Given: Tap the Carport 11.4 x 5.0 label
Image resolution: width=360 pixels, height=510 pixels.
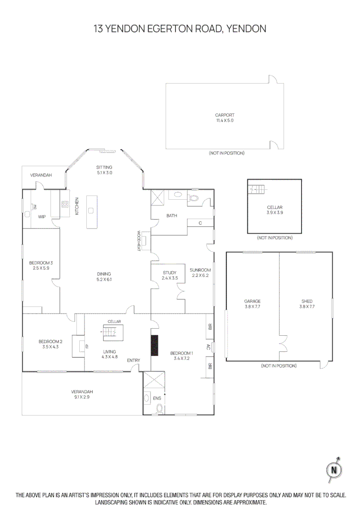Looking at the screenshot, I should click(x=225, y=118).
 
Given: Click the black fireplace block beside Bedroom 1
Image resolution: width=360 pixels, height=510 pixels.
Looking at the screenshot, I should click(x=154, y=345).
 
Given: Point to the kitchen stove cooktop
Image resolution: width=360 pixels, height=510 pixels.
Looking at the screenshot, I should click(x=65, y=204).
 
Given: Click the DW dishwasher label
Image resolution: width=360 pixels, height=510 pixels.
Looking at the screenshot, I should click(x=34, y=206).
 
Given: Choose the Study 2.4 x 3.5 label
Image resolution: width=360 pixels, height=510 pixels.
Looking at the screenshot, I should click(x=169, y=275).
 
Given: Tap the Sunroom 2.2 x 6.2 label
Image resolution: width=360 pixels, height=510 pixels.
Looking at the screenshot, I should click(x=200, y=272).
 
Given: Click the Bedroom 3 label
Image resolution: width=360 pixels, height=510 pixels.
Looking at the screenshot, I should click(x=41, y=265).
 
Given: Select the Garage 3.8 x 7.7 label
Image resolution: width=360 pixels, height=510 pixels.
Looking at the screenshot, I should click(x=252, y=304).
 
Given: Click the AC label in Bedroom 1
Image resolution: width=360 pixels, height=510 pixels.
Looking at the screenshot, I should click(x=209, y=346).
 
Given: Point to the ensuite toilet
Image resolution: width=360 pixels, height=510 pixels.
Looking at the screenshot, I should click(x=159, y=409).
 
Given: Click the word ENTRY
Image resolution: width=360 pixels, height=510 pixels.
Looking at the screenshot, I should click(x=134, y=361).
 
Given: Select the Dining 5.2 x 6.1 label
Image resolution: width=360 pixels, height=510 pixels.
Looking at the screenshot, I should click(x=104, y=276).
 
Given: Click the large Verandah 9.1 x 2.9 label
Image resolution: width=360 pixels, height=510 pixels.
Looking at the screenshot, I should click(x=80, y=394).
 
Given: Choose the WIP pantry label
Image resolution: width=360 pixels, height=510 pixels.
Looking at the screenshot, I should click(x=42, y=217).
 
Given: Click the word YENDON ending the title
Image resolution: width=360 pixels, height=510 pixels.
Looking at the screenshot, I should click(x=246, y=29).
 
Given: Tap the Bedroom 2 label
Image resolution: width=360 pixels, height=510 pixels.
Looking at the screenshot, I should click(x=50, y=344).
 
